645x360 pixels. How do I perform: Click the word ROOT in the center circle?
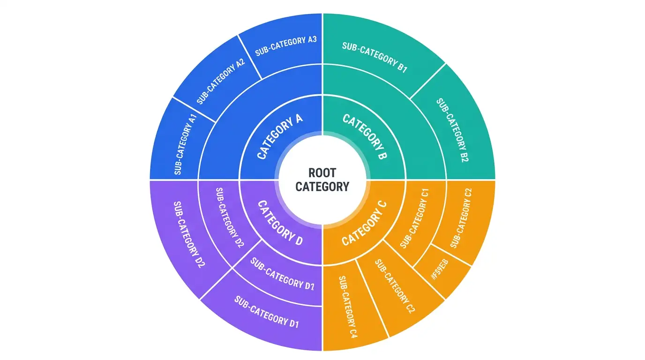pos(322,173)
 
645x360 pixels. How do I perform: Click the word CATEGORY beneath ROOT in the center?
pos(322,187)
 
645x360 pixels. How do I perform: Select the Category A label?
pos(279,136)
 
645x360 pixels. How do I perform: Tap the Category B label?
pos(365,136)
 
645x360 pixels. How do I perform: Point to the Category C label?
pos(364,224)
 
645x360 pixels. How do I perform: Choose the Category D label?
pos(280,223)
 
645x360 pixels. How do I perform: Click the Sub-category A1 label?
pos(186,144)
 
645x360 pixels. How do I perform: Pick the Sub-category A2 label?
pos(221,82)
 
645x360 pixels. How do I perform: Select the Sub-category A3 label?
pos(286,46)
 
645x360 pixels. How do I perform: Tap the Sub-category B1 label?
pos(375,57)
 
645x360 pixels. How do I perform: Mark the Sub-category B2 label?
pos(453,130)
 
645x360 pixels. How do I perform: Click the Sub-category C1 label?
pos(415,218)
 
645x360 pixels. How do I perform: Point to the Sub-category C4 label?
pos(348,307)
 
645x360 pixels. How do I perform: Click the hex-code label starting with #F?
pos(440,269)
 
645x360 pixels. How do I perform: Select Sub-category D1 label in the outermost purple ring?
pos(267,312)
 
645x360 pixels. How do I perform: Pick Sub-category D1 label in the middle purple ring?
pos(282,274)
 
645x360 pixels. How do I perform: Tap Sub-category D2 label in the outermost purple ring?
pos(189,234)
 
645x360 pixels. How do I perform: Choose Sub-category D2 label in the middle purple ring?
pos(230,217)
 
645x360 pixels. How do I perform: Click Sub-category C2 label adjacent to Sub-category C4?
pos(395,286)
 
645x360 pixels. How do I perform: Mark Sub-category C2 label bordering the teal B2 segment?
pos(461,218)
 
